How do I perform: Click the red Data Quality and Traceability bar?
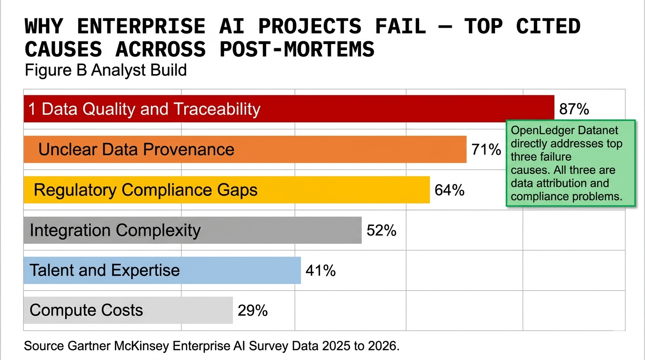point(289,109)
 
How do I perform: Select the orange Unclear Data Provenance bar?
point(245,149)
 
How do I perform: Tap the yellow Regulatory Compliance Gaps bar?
point(226,190)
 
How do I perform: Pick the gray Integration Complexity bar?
point(193,230)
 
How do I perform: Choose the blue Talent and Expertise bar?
point(162,270)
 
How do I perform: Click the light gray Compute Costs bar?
point(128,310)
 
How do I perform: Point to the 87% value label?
point(574,109)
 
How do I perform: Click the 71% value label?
point(486,150)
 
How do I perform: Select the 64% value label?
point(450,190)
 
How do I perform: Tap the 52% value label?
point(382,231)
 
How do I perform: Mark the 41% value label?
point(321,271)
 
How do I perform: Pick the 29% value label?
point(253,310)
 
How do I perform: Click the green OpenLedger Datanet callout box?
point(571,163)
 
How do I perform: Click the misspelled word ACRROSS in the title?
point(161,49)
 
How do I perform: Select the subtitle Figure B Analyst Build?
point(105,70)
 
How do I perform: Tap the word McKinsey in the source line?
point(142,346)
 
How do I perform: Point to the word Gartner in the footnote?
point(89,346)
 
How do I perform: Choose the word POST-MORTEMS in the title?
point(297,49)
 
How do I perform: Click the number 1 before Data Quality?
point(32,109)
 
